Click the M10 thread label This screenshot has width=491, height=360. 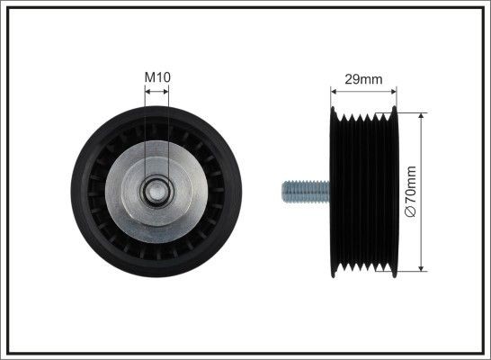tap(157, 77)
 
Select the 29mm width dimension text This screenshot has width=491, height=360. tap(363, 79)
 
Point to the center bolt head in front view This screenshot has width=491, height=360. tap(156, 191)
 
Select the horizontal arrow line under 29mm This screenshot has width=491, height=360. tap(363, 91)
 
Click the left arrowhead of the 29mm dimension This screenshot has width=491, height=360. tap(335, 91)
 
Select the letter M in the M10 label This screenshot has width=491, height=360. tap(149, 77)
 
